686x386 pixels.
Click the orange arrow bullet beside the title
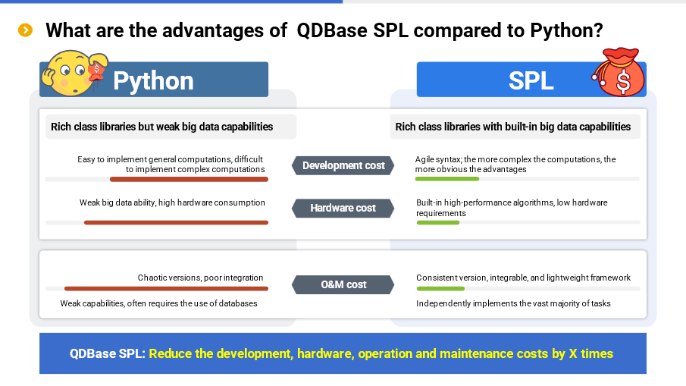click(25, 30)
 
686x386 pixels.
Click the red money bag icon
click(619, 72)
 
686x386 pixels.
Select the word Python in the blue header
click(153, 81)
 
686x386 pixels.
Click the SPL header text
click(531, 80)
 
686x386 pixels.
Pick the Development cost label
click(343, 165)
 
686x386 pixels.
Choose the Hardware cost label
click(343, 208)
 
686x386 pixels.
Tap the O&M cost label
click(343, 284)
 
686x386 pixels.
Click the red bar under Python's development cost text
click(189, 180)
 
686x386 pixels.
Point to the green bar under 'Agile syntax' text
click(447, 179)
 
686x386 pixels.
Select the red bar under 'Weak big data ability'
click(176, 223)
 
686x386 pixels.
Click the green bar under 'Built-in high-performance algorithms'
click(438, 223)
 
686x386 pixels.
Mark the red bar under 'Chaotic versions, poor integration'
click(166, 289)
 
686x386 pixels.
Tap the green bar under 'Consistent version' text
click(440, 289)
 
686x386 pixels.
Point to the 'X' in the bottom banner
click(573, 353)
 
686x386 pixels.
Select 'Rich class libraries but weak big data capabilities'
click(162, 127)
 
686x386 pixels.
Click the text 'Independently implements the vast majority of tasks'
click(513, 303)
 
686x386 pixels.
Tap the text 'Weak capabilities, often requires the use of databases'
click(159, 303)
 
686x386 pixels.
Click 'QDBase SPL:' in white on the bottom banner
click(107, 353)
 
